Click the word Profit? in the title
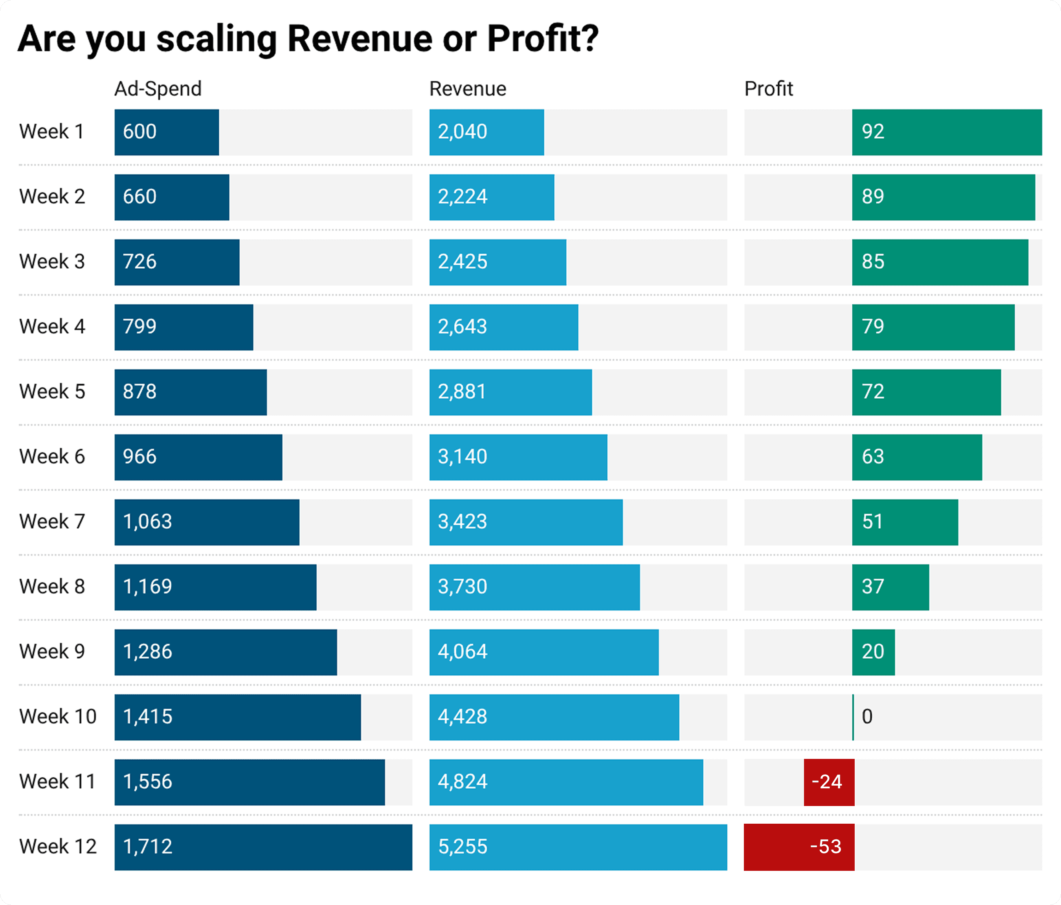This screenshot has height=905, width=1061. pos(542,39)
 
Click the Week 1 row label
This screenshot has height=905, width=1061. pos(51,132)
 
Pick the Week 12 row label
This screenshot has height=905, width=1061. pos(58,846)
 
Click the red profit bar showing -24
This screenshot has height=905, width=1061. pos(829,782)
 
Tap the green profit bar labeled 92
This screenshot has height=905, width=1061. pos(947,132)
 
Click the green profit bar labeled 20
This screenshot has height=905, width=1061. pos(874,652)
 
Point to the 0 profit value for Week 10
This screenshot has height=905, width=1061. pos(867,716)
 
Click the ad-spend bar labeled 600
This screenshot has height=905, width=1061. pos(167,132)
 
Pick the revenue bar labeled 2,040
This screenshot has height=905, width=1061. pos(486,132)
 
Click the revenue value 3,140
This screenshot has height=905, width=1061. pos(463,456)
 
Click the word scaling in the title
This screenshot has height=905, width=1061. pos(216,39)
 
